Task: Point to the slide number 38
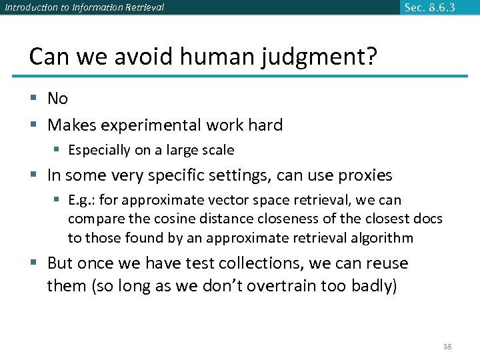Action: pyautogui.click(x=447, y=347)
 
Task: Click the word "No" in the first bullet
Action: pyautogui.click(x=58, y=99)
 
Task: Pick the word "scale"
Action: pyautogui.click(x=217, y=150)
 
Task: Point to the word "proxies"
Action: pyautogui.click(x=365, y=175)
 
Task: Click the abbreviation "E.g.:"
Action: pyautogui.click(x=83, y=200)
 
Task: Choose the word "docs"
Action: pyautogui.click(x=427, y=219)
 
